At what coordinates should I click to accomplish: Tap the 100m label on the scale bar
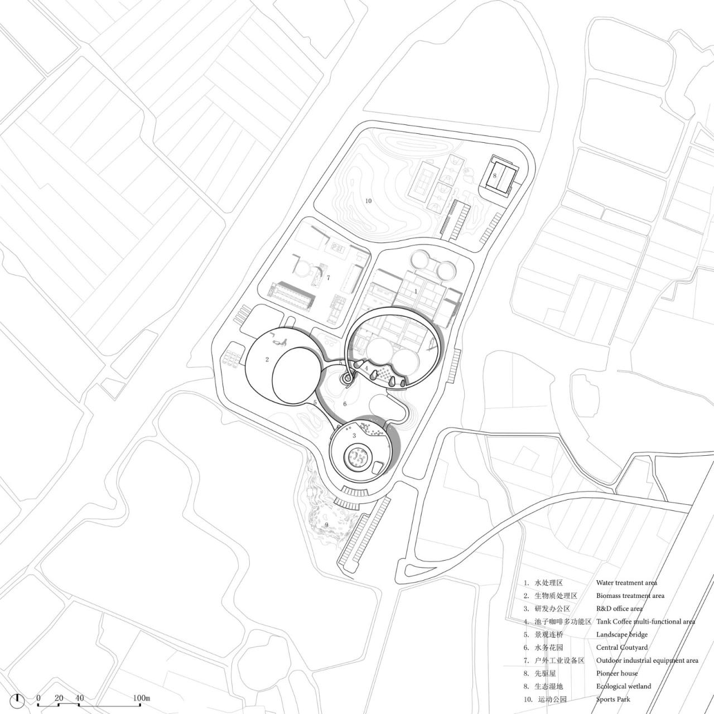click(142, 698)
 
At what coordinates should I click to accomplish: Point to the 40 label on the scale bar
click(80, 698)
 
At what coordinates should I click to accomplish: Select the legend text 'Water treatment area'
click(626, 583)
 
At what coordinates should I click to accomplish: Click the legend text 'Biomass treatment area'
click(630, 596)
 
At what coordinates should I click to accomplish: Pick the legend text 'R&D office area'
click(619, 609)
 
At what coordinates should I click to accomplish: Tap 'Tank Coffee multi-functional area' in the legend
click(645, 621)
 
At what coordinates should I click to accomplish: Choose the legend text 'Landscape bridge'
click(621, 635)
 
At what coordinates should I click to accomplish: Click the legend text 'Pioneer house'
click(616, 673)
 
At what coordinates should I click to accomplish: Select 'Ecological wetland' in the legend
click(623, 687)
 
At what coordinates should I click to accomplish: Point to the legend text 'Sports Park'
click(613, 699)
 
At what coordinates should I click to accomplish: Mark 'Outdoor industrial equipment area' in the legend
click(647, 660)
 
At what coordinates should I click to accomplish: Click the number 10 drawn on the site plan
click(368, 201)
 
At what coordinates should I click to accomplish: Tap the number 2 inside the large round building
click(268, 360)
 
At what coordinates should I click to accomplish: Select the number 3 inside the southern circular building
click(354, 436)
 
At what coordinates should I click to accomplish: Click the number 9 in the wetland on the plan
click(326, 525)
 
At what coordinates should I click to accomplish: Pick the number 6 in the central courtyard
click(345, 404)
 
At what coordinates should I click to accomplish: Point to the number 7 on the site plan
click(329, 277)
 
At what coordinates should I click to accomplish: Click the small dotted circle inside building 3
click(357, 458)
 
